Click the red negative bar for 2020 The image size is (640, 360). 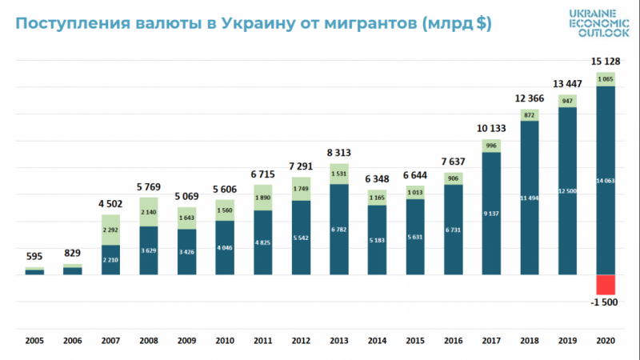click(x=605, y=285)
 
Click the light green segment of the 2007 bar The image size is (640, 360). click(x=110, y=230)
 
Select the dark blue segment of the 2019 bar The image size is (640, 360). click(x=567, y=190)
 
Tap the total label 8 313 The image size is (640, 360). click(x=339, y=152)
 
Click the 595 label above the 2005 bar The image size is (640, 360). click(x=34, y=257)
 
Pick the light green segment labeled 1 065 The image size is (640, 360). click(x=605, y=79)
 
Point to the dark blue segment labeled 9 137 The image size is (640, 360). click(x=491, y=213)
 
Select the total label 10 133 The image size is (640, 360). click(x=491, y=126)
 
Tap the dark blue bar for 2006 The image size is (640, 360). click(x=73, y=270)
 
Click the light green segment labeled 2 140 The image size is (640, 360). click(x=149, y=212)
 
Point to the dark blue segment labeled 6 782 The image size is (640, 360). click(x=339, y=229)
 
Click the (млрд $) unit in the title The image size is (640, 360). click(x=450, y=24)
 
